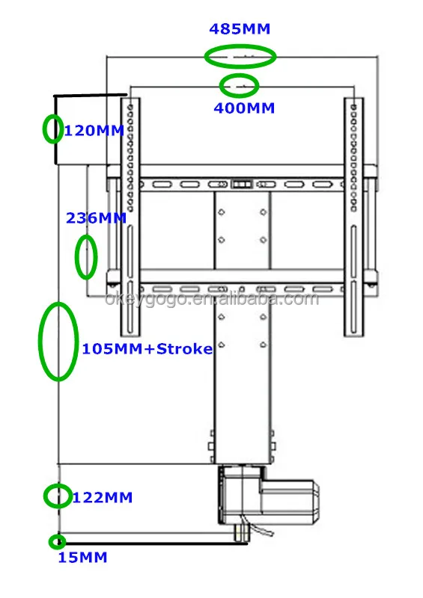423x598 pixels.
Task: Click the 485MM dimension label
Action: (x=240, y=29)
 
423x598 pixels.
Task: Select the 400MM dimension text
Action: (x=244, y=108)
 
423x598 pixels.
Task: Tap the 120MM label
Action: (x=94, y=131)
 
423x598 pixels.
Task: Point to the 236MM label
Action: (x=97, y=218)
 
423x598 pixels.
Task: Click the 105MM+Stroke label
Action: (x=147, y=349)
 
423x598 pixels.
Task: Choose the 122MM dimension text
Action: (x=102, y=497)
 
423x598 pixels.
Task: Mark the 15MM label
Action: (x=83, y=558)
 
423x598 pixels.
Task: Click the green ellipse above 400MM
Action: (x=238, y=85)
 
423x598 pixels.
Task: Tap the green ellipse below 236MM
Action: (x=86, y=257)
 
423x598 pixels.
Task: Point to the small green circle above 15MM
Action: (x=56, y=542)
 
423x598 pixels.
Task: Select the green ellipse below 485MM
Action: (x=240, y=56)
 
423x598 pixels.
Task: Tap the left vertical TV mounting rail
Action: (x=130, y=217)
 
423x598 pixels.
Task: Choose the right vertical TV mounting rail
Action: (x=353, y=217)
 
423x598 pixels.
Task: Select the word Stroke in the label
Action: (x=186, y=349)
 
